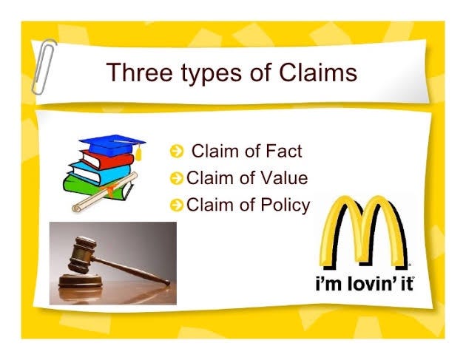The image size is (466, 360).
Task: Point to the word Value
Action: [280, 177]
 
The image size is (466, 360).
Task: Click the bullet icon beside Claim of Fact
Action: [176, 152]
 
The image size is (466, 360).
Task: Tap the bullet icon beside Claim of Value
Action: [176, 178]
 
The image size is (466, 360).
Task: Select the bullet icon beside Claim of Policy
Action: [176, 205]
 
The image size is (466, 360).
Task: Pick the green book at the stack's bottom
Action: [92, 186]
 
